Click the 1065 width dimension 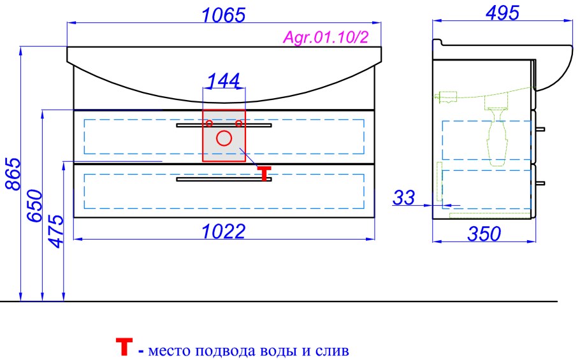224,15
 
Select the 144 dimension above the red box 224,80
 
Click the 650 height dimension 34,205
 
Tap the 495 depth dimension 503,12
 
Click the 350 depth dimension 484,234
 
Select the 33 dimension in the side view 403,198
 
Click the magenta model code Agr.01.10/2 326,38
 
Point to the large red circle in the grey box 224,138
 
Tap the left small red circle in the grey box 208,123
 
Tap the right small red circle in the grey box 239,123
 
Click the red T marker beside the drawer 265,173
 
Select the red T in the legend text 124,347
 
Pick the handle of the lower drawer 224,180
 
